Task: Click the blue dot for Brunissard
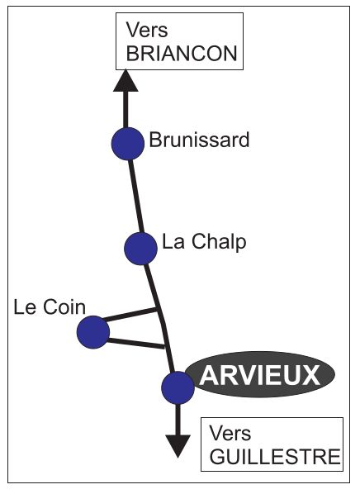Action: tap(127, 144)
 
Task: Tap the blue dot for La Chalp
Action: tap(140, 249)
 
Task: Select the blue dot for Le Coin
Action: tap(93, 332)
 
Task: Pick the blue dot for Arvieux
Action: tap(178, 387)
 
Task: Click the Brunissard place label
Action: tap(199, 140)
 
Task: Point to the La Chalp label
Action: tap(204, 242)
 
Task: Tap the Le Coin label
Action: tap(50, 306)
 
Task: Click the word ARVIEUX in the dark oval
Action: tap(260, 376)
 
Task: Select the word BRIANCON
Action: tap(182, 53)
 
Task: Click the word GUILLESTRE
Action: tap(275, 457)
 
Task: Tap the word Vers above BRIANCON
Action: tap(147, 30)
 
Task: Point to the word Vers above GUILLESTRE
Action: tap(230, 433)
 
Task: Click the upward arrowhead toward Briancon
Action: tap(126, 81)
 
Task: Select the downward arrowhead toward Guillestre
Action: tap(178, 446)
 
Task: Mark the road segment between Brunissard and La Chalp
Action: tap(136, 197)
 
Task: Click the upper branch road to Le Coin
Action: tap(130, 315)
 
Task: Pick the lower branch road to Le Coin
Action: tap(136, 344)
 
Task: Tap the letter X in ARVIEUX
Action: tap(310, 376)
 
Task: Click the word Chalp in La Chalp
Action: tap(219, 242)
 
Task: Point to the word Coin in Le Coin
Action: tap(64, 306)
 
